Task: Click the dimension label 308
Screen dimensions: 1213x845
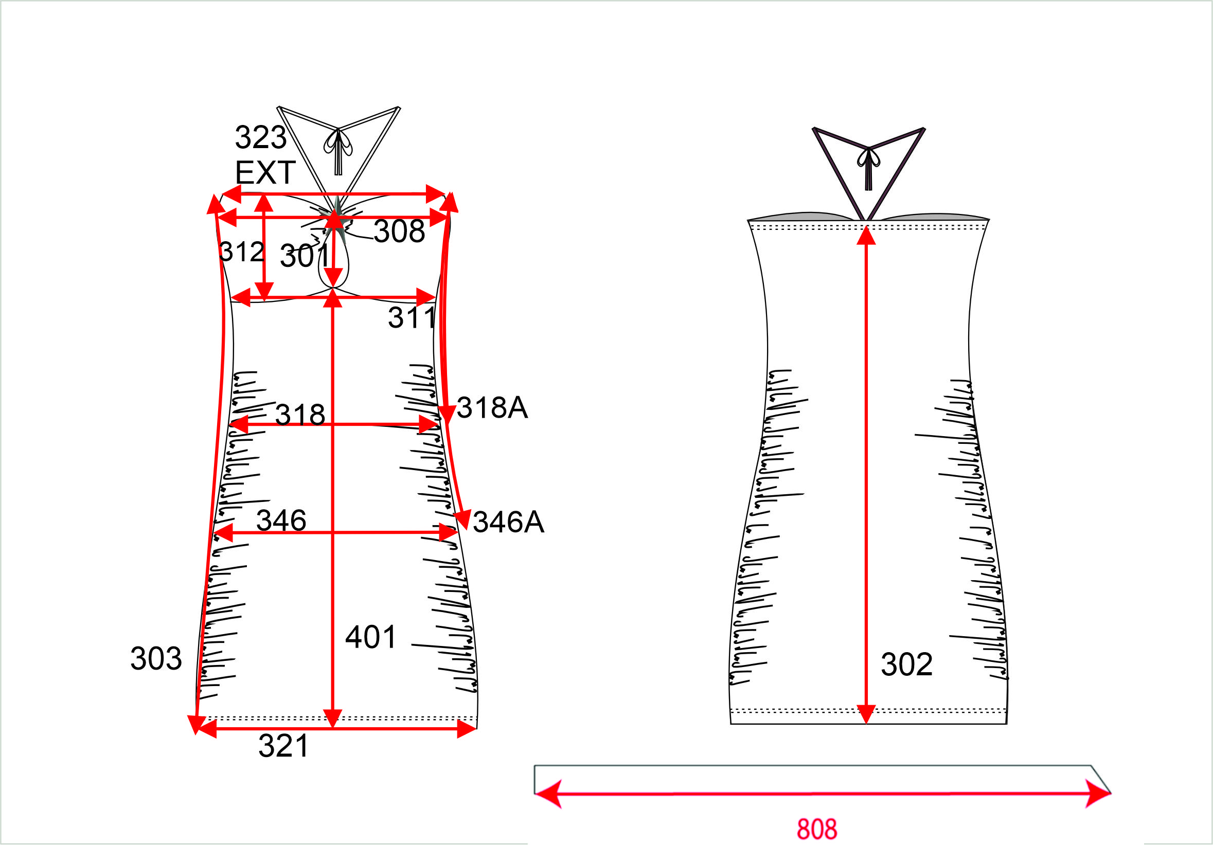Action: point(399,231)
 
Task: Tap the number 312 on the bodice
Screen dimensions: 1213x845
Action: point(241,252)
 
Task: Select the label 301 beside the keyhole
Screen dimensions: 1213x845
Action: point(305,256)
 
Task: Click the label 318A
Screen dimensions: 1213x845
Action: point(492,408)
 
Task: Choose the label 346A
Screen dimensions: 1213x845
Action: point(508,523)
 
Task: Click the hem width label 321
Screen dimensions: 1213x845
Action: point(283,746)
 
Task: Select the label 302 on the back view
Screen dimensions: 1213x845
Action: point(906,664)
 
